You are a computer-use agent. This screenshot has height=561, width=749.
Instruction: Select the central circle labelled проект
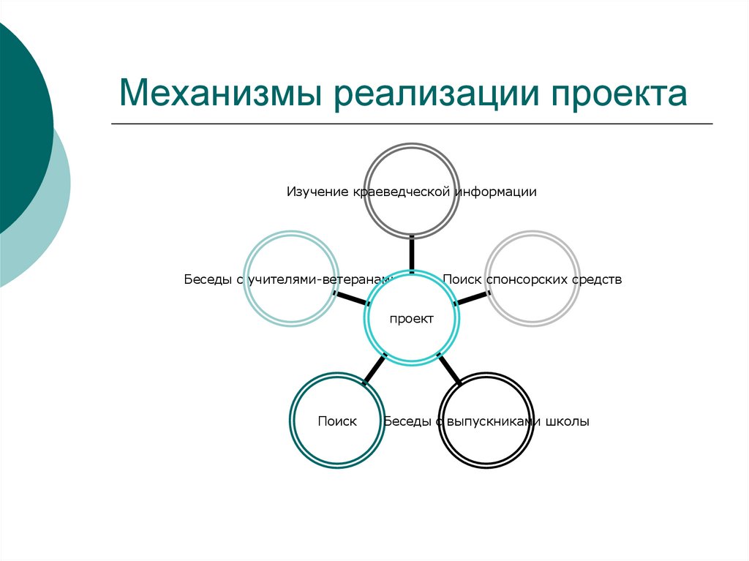click(412, 319)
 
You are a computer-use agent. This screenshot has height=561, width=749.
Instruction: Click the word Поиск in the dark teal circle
click(337, 421)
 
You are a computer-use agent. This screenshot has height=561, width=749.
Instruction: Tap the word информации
click(497, 192)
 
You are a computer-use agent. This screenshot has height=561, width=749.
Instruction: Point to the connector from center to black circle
click(449, 369)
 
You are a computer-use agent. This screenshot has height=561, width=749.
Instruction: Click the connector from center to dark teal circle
click(374, 369)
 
